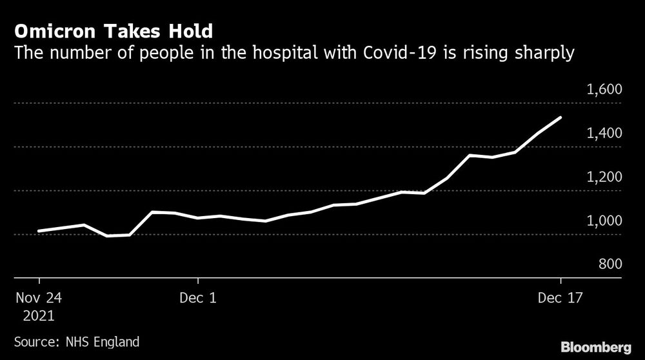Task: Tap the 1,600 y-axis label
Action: pos(604,89)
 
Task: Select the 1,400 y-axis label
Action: pos(604,133)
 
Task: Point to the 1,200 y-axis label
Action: pos(604,177)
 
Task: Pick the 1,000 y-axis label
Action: pos(604,221)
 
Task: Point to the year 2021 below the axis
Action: pos(40,316)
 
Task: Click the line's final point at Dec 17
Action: pos(561,117)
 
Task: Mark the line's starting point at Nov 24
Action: pos(39,230)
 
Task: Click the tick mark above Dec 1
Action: pos(198,283)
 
